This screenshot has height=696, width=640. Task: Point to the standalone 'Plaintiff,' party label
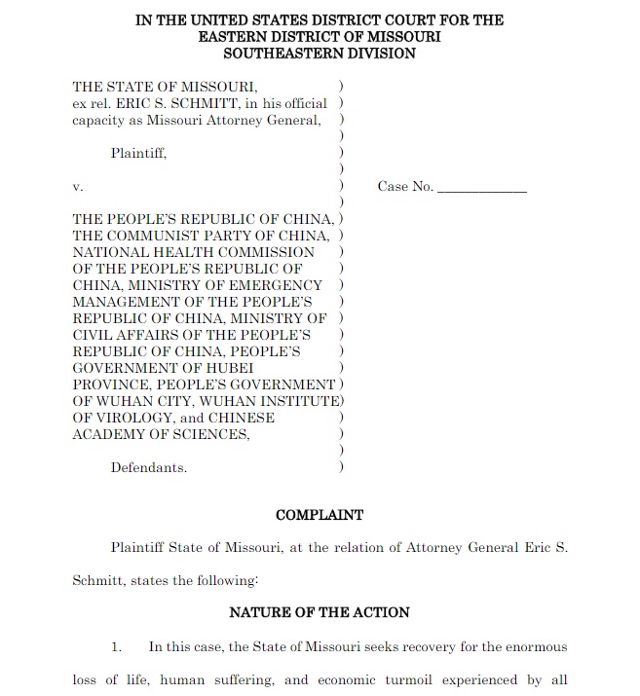(138, 153)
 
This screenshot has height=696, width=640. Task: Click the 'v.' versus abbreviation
(78, 186)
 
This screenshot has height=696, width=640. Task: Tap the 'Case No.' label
(405, 187)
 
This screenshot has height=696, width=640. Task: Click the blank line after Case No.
(482, 188)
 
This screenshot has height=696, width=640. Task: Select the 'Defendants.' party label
(148, 467)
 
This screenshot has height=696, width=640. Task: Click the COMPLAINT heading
(320, 515)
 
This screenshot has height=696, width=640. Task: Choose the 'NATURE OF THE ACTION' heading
(320, 612)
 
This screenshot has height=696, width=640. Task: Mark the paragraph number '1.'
(116, 646)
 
